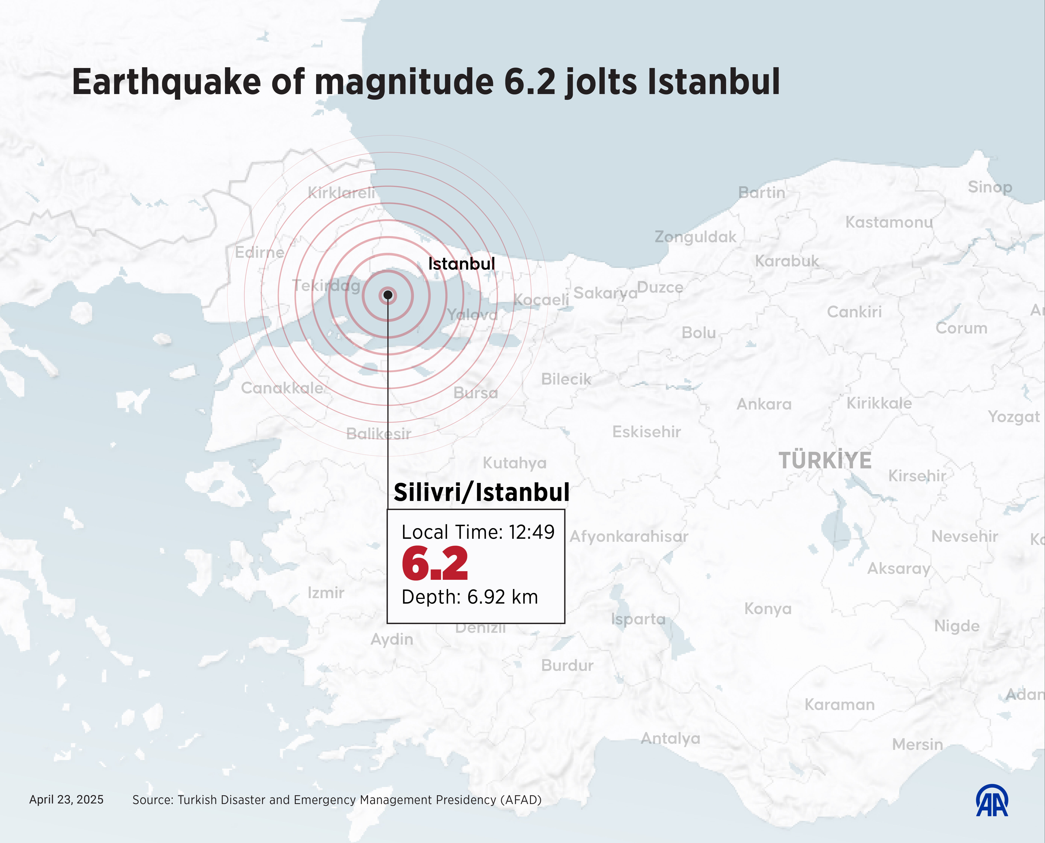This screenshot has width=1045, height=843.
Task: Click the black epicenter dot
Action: [388, 295]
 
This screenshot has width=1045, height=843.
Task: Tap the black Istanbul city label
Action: [461, 264]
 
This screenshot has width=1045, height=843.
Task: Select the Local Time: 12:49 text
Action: [478, 532]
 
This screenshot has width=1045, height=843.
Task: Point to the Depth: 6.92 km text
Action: [469, 597]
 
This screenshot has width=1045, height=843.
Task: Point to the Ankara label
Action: [764, 404]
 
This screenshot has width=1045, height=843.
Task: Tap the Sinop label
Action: [990, 187]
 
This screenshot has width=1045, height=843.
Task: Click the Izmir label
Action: [326, 592]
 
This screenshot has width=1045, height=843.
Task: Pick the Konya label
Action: [767, 608]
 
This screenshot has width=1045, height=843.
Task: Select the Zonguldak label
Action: [695, 237]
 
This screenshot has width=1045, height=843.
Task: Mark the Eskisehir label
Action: [647, 432]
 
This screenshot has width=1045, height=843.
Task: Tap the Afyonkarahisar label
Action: [629, 536]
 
